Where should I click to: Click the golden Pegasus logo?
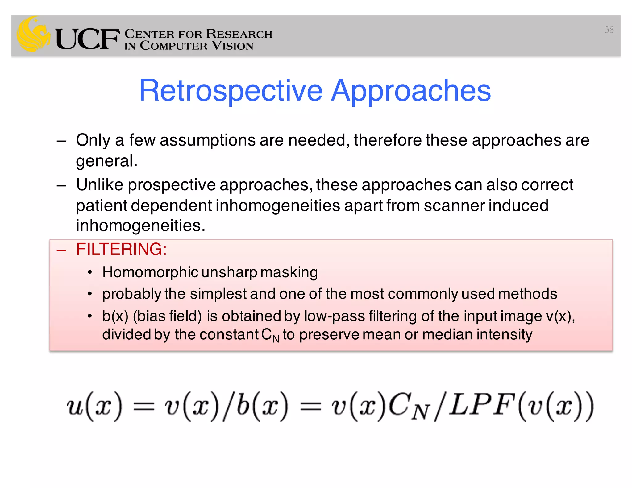(x=33, y=34)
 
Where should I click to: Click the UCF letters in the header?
(x=87, y=39)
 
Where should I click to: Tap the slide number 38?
(x=609, y=30)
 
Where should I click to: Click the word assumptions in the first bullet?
(x=207, y=140)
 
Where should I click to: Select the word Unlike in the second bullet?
(x=99, y=185)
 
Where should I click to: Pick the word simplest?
(x=218, y=294)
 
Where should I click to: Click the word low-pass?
(x=334, y=316)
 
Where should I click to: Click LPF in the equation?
(x=482, y=405)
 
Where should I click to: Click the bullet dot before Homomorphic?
(x=90, y=273)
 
